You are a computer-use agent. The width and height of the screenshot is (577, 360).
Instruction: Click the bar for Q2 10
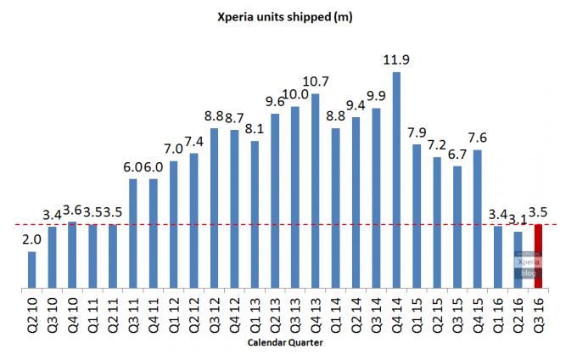pos(32,270)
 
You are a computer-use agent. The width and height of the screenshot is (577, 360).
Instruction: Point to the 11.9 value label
pos(396,60)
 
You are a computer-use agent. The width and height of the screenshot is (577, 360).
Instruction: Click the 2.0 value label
pos(31,239)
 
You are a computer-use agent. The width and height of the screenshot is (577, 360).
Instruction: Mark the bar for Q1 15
pos(417,217)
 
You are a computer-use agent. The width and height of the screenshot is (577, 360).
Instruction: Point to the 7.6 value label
pos(477,138)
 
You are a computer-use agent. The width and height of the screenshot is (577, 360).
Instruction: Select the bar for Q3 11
pos(133,233)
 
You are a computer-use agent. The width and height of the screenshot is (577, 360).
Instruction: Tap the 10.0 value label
pos(294,94)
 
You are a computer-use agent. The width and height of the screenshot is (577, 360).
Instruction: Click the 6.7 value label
pos(457,154)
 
